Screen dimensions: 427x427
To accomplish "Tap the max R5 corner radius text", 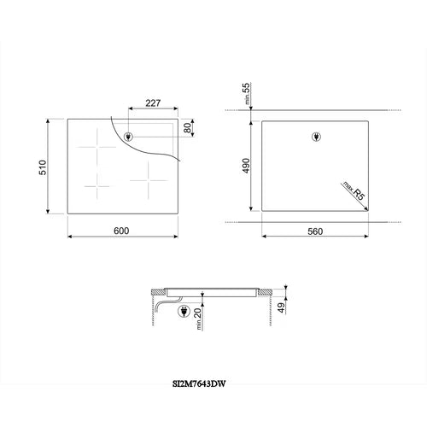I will (354, 190).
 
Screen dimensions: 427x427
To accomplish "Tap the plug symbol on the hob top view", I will (128, 137).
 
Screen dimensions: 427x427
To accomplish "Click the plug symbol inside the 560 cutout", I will (313, 137).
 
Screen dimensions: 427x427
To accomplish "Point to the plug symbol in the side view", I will (183, 312).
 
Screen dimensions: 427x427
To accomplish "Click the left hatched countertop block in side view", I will (157, 291).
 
